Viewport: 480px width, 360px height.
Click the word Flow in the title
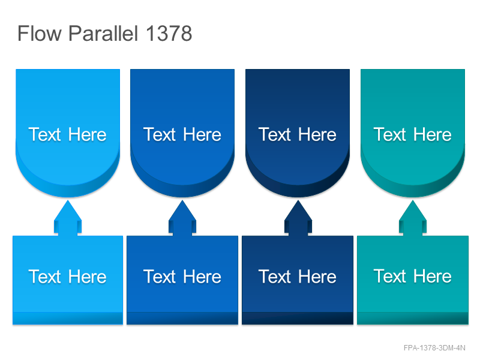pyautogui.click(x=40, y=33)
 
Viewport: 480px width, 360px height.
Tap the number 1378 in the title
pyautogui.click(x=169, y=33)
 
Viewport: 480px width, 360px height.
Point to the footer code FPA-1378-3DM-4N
pyautogui.click(x=434, y=348)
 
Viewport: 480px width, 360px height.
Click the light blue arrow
pyautogui.click(x=68, y=218)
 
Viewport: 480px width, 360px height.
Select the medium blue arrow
pyautogui.click(x=182, y=218)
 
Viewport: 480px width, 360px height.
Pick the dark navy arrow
pyautogui.click(x=298, y=218)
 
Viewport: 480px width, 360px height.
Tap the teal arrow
pyautogui.click(x=413, y=218)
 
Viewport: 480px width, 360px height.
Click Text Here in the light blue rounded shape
pyautogui.click(x=67, y=134)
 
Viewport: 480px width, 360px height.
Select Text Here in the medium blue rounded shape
pyautogui.click(x=182, y=134)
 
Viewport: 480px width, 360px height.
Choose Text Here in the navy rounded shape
pyautogui.click(x=297, y=134)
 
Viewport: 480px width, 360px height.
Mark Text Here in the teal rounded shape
pyautogui.click(x=412, y=134)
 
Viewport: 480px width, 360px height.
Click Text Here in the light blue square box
pyautogui.click(x=67, y=277)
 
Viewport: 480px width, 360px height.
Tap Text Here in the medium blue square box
pyautogui.click(x=182, y=277)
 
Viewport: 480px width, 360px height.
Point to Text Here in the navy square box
pyautogui.click(x=297, y=277)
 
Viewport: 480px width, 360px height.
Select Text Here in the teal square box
pyautogui.click(x=412, y=277)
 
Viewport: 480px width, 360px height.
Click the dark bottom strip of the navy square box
pyautogui.click(x=298, y=318)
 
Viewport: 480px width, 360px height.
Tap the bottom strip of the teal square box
pyautogui.click(x=413, y=318)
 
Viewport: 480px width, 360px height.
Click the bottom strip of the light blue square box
pyautogui.click(x=68, y=318)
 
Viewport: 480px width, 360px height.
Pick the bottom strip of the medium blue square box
pyautogui.click(x=182, y=318)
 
